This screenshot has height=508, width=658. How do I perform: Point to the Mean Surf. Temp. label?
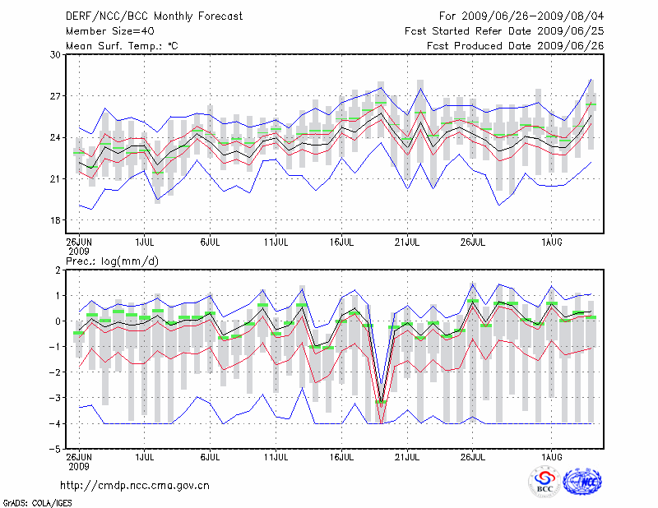point(122,46)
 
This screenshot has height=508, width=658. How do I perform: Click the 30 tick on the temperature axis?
point(56,54)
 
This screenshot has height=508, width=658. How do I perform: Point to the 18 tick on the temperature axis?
point(56,220)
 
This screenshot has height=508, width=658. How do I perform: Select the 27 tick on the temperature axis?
point(56,96)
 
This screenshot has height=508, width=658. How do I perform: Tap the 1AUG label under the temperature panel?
point(552,242)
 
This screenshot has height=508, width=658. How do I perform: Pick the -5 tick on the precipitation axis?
point(56,450)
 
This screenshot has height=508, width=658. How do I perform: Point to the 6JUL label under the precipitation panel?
point(210,456)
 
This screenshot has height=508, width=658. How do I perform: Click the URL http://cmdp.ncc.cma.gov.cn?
point(135,485)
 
